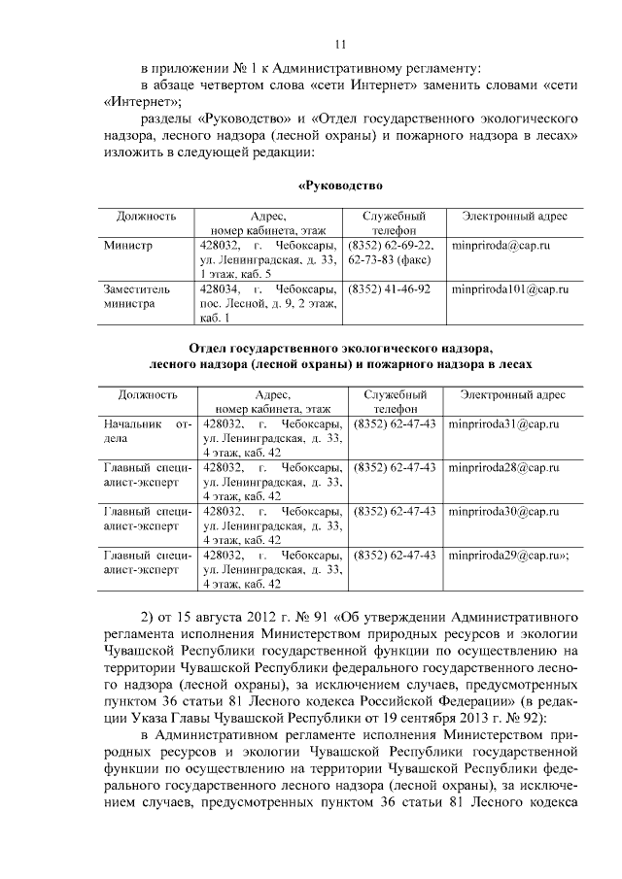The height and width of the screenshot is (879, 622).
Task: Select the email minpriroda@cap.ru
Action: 501,246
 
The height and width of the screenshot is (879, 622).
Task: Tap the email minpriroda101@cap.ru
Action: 510,288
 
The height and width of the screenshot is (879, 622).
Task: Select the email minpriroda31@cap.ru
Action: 501,424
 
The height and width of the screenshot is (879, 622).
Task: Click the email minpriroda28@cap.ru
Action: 501,467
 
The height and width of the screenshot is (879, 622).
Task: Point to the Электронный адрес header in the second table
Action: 513,394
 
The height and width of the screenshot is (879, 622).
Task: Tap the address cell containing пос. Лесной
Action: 268,303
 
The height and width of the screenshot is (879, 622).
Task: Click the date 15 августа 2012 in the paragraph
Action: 226,617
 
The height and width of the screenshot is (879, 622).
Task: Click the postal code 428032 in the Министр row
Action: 219,246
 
